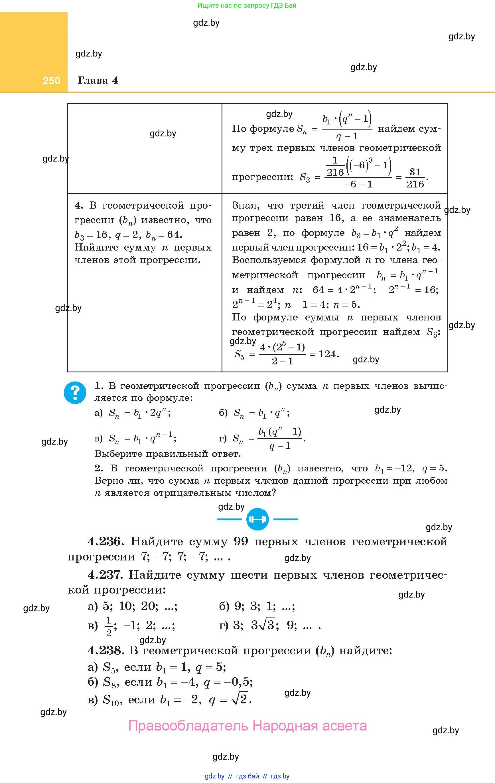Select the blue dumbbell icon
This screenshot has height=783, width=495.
point(257,519)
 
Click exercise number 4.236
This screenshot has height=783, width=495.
point(105,542)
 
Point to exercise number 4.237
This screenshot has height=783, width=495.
point(105,575)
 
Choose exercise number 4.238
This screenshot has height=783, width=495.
point(106,650)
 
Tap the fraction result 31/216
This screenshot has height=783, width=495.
point(415,177)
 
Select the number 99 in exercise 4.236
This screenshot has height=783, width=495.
point(241,541)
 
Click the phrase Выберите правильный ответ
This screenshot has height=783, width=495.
point(167,454)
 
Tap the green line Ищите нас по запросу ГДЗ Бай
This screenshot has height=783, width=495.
point(247,5)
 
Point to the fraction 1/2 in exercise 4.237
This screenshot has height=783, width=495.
point(109,626)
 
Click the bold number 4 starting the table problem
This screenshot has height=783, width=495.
point(78,205)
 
